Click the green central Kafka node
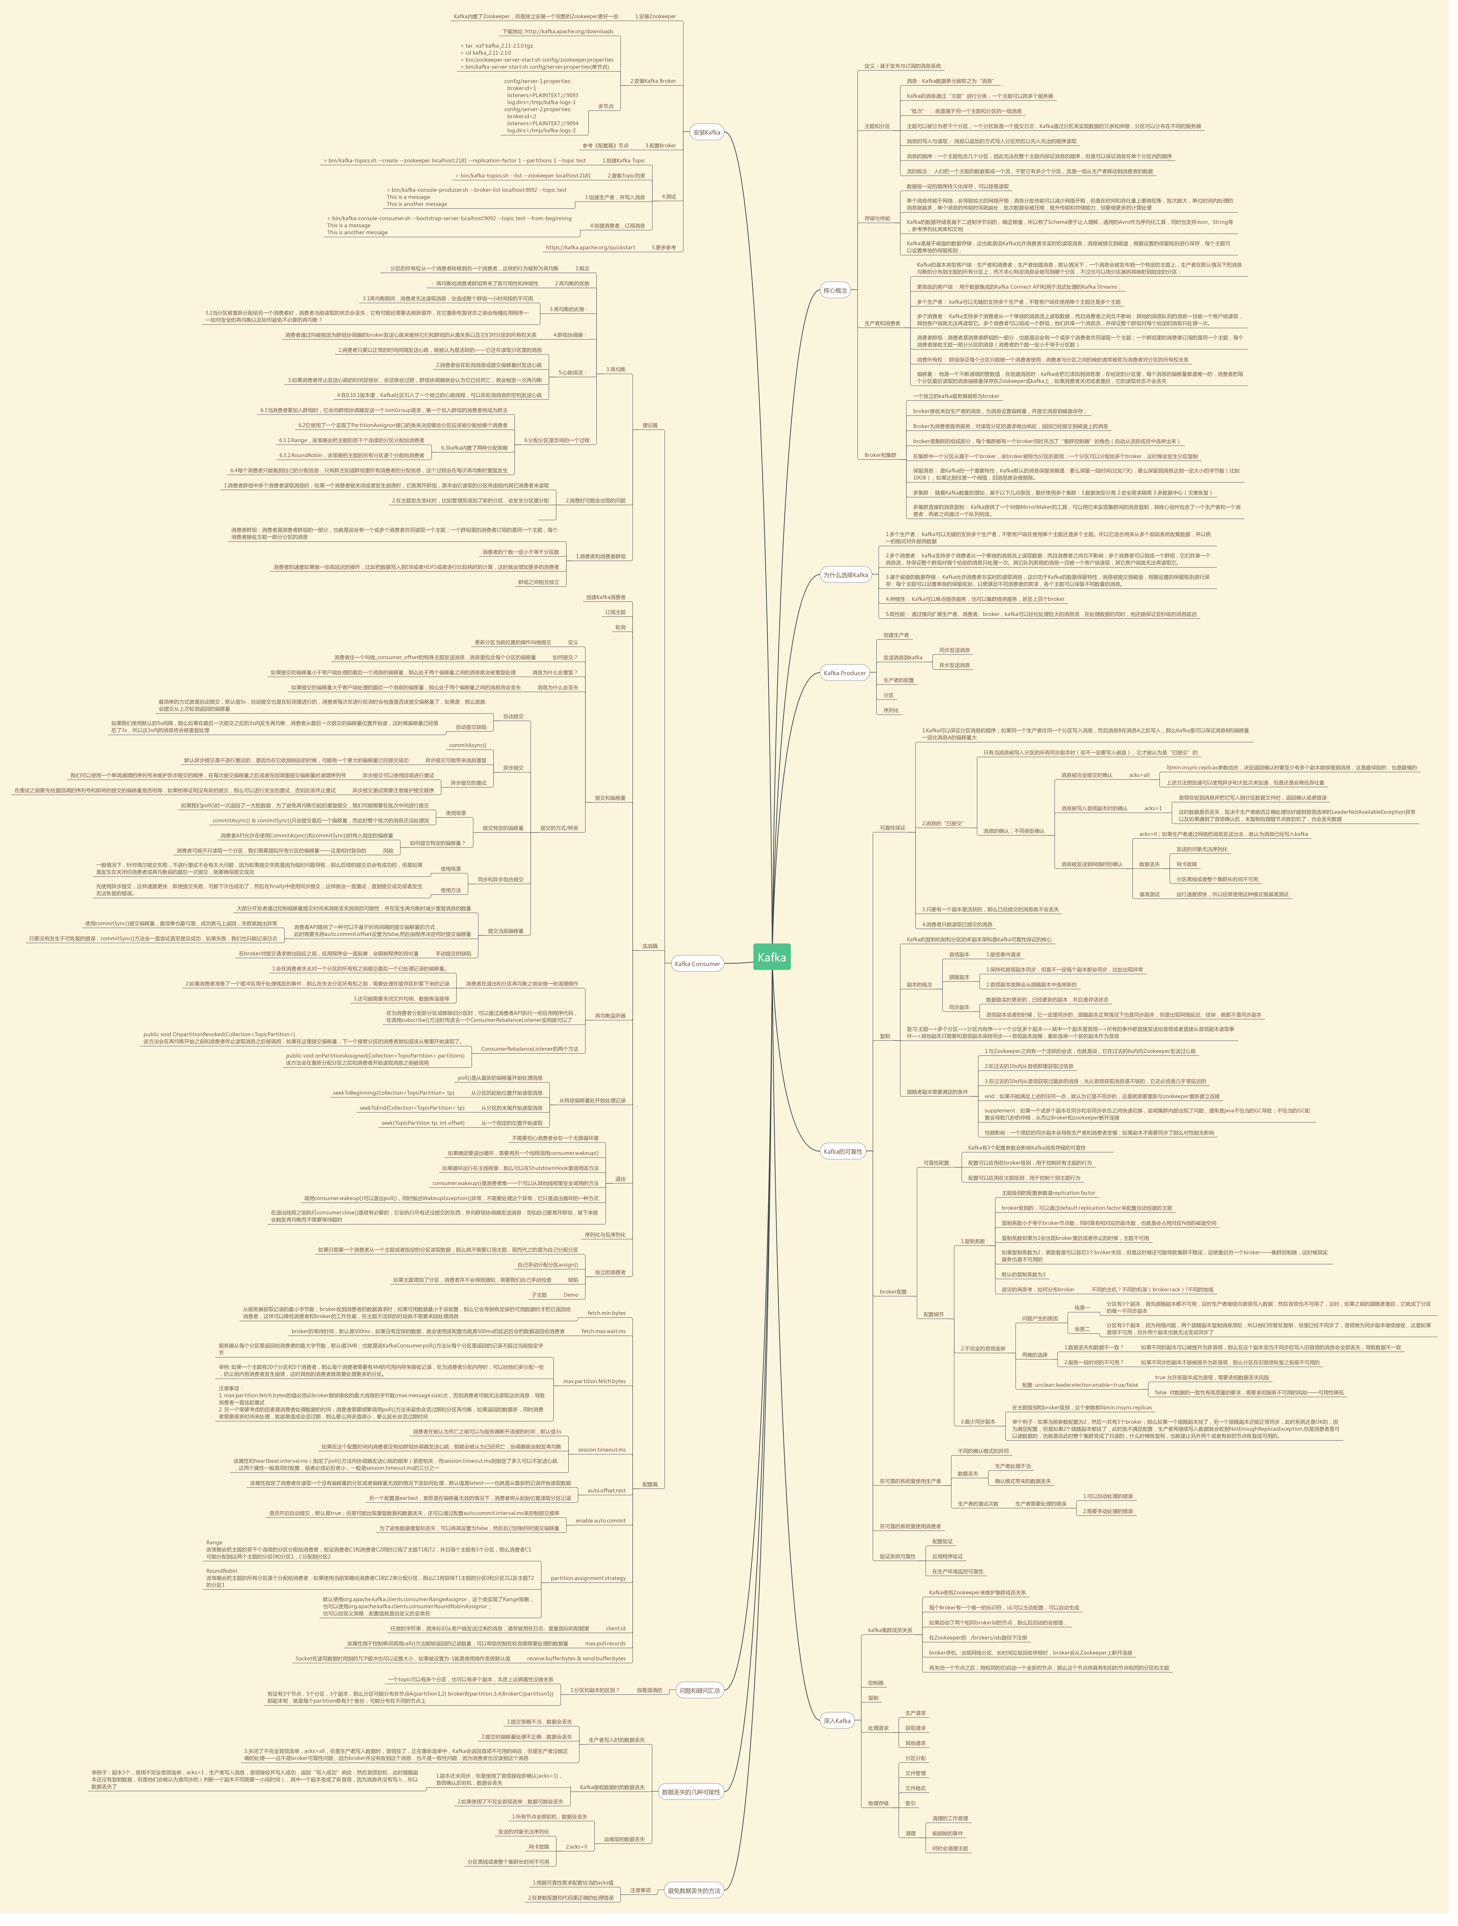click(772, 957)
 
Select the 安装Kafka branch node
click(706, 132)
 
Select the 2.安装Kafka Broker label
click(653, 81)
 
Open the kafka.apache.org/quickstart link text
click(590, 247)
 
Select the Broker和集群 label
click(880, 454)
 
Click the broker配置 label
click(893, 1291)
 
